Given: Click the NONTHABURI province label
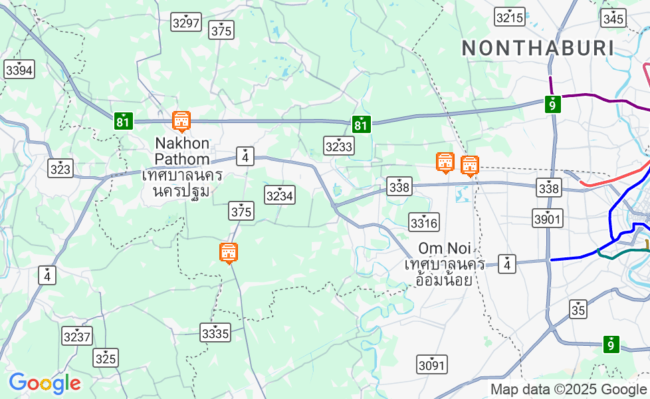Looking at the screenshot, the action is (537, 48).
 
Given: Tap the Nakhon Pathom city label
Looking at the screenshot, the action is (182, 151).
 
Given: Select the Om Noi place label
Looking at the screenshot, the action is (445, 249).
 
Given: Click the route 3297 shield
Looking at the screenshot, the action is (185, 23).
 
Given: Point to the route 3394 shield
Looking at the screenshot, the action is (19, 69).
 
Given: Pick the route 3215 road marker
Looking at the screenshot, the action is (510, 17).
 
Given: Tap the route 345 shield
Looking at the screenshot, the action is (613, 18).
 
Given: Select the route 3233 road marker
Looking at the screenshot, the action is (339, 146).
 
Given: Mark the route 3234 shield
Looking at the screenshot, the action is (279, 195).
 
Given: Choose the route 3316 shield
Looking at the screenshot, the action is (424, 222).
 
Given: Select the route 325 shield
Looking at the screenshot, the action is (106, 358).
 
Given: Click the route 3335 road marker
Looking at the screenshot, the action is (215, 332).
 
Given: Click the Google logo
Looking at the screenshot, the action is (45, 383).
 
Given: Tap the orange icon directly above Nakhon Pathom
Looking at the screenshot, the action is (181, 122).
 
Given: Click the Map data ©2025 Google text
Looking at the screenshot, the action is (568, 390).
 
